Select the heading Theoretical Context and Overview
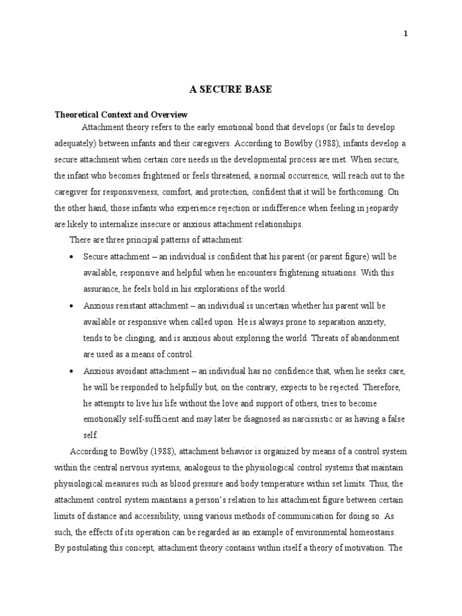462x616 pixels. pyautogui.click(x=121, y=114)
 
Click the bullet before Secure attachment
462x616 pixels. pyautogui.click(x=72, y=257)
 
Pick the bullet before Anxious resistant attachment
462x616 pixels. pyautogui.click(x=72, y=306)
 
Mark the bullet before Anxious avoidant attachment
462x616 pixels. pyautogui.click(x=72, y=371)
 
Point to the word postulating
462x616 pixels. pyautogui.click(x=88, y=549)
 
